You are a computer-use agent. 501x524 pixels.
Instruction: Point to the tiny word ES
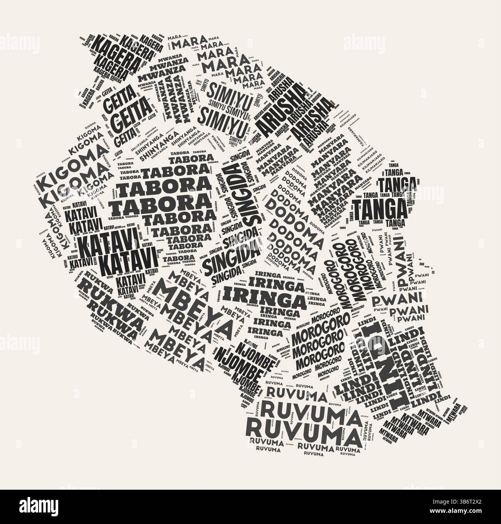coord(433,272)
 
